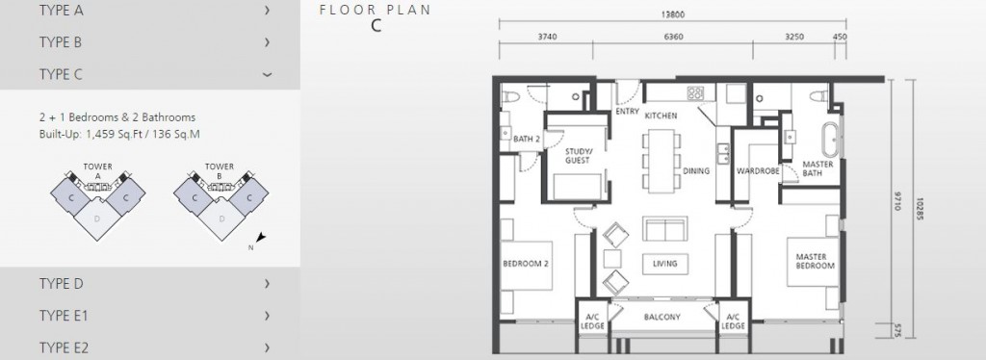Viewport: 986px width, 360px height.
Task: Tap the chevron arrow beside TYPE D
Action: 268,283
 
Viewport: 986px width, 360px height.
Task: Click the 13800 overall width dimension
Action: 672,14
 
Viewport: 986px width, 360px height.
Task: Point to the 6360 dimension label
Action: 673,37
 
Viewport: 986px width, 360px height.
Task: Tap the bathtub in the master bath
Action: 831,141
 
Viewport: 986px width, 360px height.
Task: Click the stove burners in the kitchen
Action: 695,93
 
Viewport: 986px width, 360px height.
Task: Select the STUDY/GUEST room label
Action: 578,156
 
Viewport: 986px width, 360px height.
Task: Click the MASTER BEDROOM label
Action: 816,261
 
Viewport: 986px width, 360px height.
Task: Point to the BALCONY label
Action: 662,318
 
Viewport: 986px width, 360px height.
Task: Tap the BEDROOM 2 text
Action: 526,264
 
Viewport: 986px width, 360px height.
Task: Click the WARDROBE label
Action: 758,171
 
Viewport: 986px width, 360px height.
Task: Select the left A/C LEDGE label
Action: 592,321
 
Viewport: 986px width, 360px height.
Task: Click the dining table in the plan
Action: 661,162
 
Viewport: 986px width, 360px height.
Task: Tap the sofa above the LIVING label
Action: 664,229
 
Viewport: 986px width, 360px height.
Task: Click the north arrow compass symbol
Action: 260,237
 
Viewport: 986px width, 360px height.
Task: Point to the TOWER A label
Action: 97,171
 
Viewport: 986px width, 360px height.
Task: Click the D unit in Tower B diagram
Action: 221,219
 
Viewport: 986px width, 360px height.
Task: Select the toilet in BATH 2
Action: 510,97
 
